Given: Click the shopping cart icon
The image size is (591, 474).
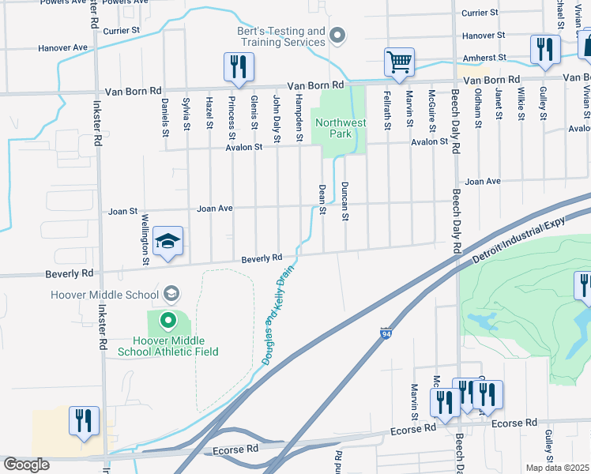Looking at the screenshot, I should pyautogui.click(x=400, y=62).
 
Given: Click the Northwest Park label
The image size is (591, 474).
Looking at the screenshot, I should pyautogui.click(x=341, y=129).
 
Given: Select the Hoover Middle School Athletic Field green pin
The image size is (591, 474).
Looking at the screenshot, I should pyautogui.click(x=168, y=321).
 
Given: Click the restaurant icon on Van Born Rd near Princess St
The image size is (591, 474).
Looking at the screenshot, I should pyautogui.click(x=239, y=68).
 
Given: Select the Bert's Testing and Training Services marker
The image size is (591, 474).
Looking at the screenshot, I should pyautogui.click(x=339, y=35).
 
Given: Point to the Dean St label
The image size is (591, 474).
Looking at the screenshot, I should pyautogui.click(x=322, y=198).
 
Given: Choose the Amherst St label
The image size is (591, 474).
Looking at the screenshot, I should pyautogui.click(x=485, y=58).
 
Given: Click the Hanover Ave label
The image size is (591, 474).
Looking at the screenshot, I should pyautogui.click(x=63, y=48).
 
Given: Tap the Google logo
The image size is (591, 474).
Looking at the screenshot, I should pyautogui.click(x=26, y=465).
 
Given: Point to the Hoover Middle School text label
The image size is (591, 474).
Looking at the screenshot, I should pyautogui.click(x=105, y=295).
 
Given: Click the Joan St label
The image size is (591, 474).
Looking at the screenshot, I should pyautogui.click(x=122, y=212).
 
